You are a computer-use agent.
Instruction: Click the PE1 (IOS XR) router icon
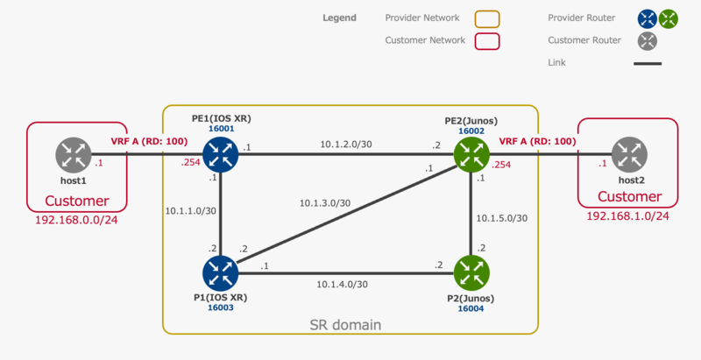(219, 155)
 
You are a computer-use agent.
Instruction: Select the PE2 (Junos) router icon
(471, 155)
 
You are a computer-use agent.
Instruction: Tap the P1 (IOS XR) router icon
(219, 272)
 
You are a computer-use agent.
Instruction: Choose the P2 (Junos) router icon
(471, 272)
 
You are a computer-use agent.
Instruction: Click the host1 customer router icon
(74, 155)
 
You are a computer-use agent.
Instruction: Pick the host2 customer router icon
(629, 155)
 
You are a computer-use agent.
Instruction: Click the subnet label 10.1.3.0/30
(325, 203)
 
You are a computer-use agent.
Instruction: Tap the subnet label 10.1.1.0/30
(191, 211)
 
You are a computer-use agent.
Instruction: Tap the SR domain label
(346, 325)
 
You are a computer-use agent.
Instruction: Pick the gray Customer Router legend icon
(648, 40)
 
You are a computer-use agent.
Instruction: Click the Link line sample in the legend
(648, 63)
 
